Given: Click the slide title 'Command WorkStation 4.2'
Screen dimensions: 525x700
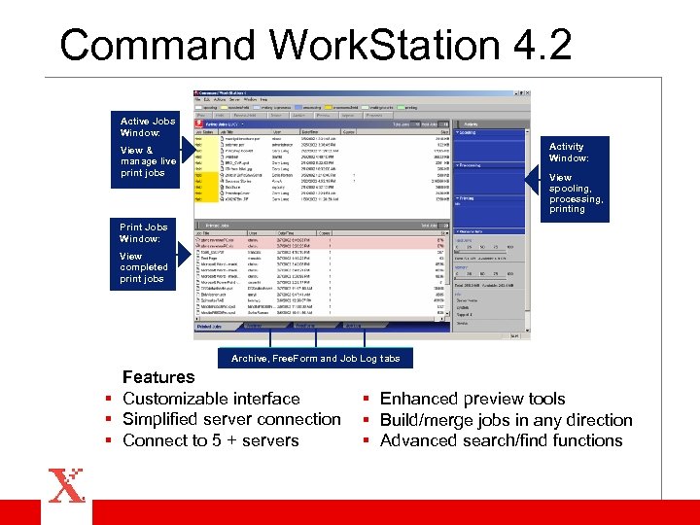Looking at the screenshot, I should [315, 46].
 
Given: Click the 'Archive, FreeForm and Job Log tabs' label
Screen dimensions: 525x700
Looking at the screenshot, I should [315, 358].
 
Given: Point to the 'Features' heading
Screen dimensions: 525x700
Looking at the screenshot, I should [158, 377].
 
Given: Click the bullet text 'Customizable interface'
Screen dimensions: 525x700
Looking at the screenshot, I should [211, 399].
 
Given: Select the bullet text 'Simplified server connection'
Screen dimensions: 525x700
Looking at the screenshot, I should [231, 419].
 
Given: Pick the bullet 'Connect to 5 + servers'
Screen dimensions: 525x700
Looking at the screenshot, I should [211, 440].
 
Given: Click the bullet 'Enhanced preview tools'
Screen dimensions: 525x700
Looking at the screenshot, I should [472, 399].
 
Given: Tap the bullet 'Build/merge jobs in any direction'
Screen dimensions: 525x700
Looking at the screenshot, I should [506, 420].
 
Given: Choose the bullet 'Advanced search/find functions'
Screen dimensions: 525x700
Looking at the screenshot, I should [501, 440].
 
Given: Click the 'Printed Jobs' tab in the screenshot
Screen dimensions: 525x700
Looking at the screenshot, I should [209, 327].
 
